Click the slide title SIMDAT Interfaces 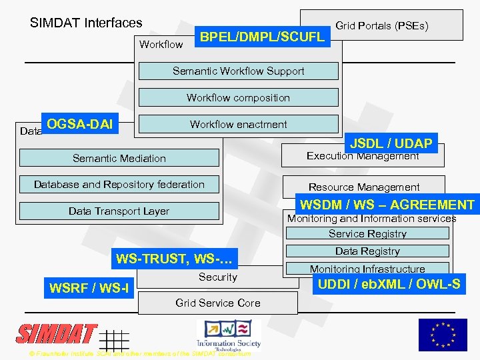click(86, 23)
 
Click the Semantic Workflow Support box click(238, 71)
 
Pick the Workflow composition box click(238, 98)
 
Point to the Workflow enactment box click(238, 125)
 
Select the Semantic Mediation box click(119, 158)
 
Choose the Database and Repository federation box click(119, 185)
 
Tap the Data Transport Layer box click(119, 211)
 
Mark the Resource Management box click(363, 187)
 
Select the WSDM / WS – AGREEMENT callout click(387, 205)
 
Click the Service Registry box click(367, 234)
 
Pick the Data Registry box click(367, 251)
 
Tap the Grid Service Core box click(218, 303)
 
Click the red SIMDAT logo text click(57, 334)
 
